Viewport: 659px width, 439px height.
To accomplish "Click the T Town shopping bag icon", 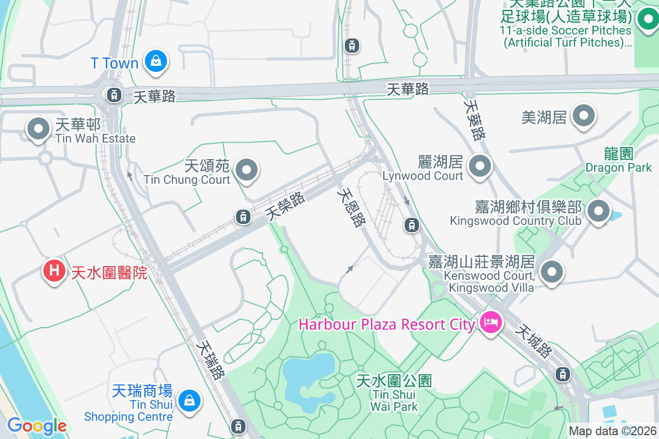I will pos(156,62).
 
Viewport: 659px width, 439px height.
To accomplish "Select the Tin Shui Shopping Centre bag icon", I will pos(189,401).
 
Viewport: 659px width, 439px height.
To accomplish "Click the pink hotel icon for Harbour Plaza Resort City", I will pos(490,322).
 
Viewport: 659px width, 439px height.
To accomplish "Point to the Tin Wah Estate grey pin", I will pos(38,130).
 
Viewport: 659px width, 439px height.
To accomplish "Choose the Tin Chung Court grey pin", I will pos(247,170).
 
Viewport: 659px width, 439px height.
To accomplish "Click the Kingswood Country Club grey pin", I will pos(599,211).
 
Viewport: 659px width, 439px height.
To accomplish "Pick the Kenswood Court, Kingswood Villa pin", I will pos(552,272).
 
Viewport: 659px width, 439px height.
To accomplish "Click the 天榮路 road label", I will pos(285,206).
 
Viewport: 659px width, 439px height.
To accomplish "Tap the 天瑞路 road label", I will pos(211,361).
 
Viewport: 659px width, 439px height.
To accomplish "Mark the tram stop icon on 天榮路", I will pos(243,217).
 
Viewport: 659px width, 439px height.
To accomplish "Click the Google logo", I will pos(37,425).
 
